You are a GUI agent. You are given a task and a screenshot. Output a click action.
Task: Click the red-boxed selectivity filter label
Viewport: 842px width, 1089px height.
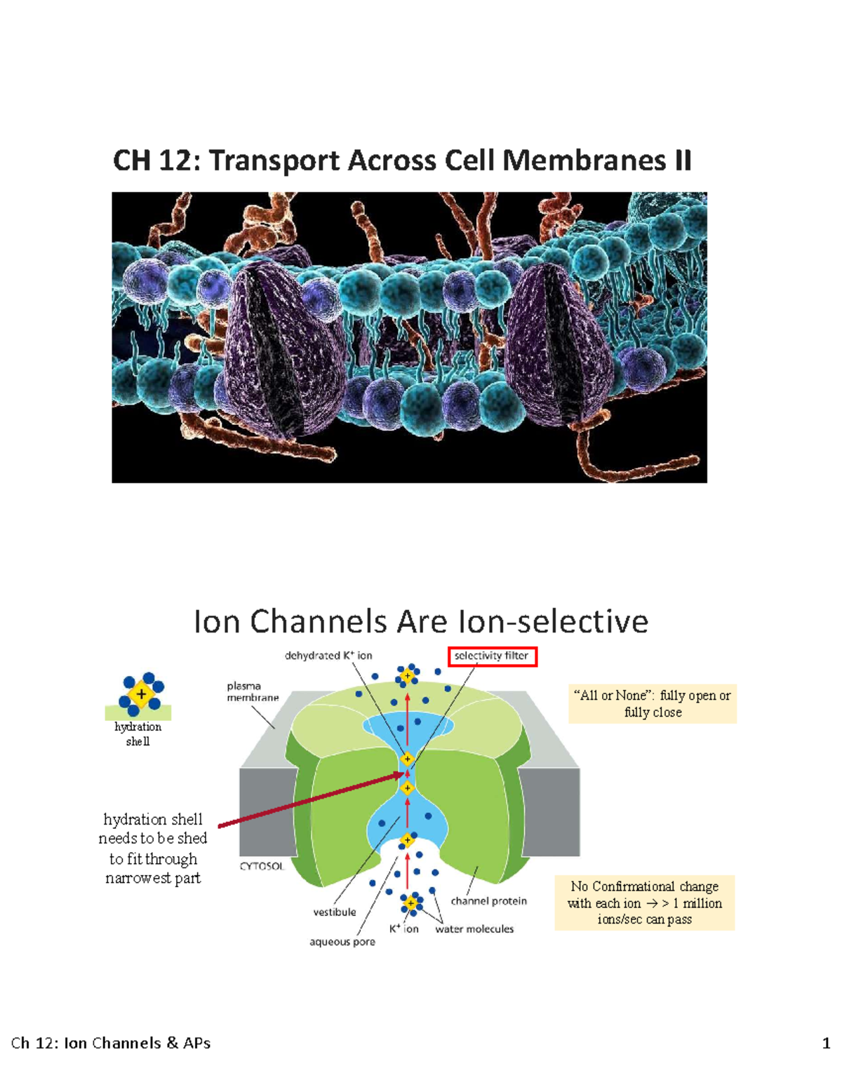tap(492, 656)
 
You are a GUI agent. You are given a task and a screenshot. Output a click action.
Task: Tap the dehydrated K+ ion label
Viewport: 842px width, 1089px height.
tap(328, 656)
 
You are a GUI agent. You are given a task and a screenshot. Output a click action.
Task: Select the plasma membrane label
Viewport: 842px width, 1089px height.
tap(253, 691)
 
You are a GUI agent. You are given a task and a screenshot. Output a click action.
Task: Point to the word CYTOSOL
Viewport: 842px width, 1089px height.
tap(262, 866)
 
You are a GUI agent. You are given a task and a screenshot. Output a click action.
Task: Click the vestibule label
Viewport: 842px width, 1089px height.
tap(335, 912)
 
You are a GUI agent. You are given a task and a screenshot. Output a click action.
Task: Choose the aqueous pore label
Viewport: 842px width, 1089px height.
tap(342, 942)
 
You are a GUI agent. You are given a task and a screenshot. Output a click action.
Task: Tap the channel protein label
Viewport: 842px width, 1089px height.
tap(488, 901)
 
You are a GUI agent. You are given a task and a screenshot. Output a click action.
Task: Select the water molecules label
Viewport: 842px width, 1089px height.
tap(474, 929)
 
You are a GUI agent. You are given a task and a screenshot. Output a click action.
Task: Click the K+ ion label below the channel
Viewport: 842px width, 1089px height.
tap(403, 929)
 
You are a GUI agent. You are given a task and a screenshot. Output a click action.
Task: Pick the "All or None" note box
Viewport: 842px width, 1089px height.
tap(653, 703)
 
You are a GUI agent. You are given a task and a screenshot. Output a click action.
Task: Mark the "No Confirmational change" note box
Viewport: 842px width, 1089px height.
tap(645, 902)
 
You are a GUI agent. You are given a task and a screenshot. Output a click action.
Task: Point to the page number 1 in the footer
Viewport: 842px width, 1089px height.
tap(826, 1043)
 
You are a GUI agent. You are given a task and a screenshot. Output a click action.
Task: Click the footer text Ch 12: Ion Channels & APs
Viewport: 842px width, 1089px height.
tap(111, 1043)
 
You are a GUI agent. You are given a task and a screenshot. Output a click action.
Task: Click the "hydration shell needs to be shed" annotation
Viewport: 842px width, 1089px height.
tap(153, 848)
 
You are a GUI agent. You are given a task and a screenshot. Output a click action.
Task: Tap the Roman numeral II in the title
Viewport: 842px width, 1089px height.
tap(683, 161)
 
